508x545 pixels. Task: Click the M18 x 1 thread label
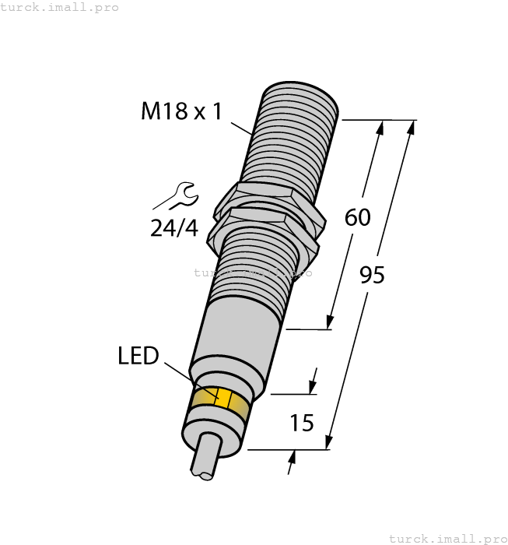[181, 111]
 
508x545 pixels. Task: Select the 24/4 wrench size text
[173, 228]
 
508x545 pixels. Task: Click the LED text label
[138, 356]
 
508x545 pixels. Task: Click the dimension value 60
[357, 218]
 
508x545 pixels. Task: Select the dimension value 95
[372, 275]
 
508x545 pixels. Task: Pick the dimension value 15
[301, 423]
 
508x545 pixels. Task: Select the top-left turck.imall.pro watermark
[60, 7]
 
